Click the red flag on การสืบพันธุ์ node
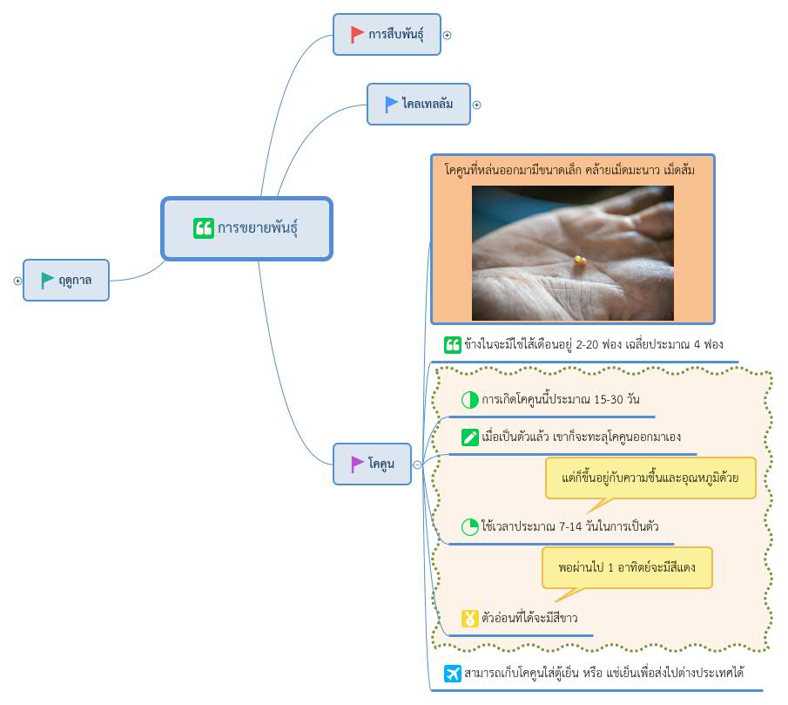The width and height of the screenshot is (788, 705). coord(357,35)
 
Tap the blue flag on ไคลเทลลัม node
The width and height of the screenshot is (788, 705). coord(391,104)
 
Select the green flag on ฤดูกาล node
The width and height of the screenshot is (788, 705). coord(47,280)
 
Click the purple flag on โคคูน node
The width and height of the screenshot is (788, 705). coord(357,464)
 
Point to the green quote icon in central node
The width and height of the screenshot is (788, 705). coord(204,227)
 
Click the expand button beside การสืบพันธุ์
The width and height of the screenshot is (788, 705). coord(447,35)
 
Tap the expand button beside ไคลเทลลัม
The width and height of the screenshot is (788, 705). coord(476,105)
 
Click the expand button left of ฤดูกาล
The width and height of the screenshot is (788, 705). coord(17,281)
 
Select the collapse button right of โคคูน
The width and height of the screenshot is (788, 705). coord(417,464)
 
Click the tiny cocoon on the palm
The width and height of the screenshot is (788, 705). coord(579,260)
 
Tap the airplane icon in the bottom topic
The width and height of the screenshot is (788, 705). coord(452,674)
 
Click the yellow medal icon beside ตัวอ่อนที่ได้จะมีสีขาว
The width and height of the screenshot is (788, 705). coord(469,618)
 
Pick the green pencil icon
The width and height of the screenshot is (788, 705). coord(470,437)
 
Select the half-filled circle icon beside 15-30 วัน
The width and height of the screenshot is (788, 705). coord(470,400)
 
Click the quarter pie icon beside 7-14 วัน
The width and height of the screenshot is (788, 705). coord(470,527)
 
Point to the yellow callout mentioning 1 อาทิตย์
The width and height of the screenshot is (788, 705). coord(627,567)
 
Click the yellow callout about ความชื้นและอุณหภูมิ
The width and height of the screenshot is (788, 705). coord(650,478)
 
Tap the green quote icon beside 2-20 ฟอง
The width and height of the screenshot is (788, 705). coord(452,345)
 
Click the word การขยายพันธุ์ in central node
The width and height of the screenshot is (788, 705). coord(258,227)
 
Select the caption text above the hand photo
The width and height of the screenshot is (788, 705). coord(569,169)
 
